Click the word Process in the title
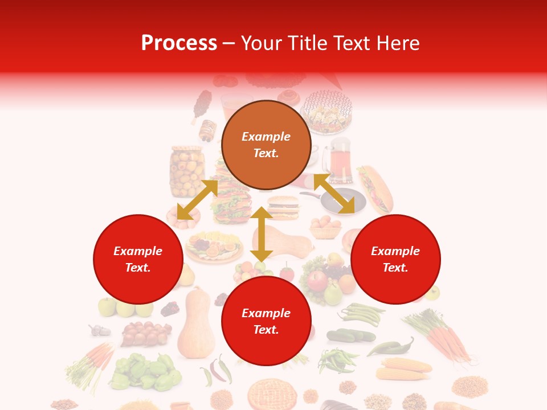[179, 43]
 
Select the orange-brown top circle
[266, 145]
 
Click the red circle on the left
[138, 259]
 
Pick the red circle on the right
[395, 259]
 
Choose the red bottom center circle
[266, 321]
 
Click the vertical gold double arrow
[262, 234]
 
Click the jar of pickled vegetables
[186, 171]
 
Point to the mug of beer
[339, 160]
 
